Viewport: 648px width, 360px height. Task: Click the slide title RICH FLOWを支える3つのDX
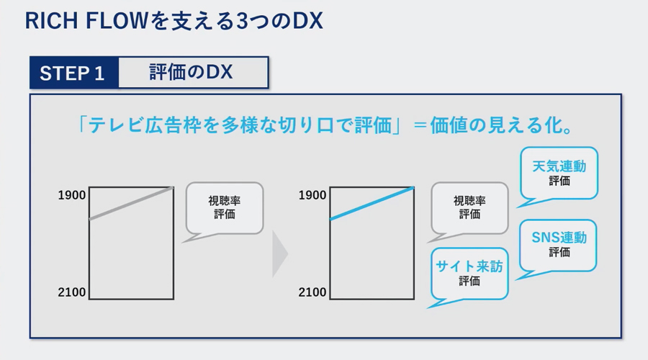[174, 21]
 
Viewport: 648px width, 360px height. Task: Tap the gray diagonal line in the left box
[132, 203]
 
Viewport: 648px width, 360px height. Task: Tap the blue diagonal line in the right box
[372, 203]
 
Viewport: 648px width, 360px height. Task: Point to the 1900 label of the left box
[71, 195]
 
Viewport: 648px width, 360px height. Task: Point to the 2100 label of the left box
[71, 292]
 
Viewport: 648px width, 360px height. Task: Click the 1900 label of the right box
[312, 195]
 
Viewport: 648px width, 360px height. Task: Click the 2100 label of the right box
[312, 292]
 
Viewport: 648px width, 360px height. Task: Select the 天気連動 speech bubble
[559, 174]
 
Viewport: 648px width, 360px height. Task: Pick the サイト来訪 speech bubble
[469, 274]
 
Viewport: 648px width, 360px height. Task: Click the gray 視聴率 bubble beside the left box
[225, 208]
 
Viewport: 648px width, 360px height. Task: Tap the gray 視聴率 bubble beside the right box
[470, 208]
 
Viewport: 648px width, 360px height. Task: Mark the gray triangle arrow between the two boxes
[280, 253]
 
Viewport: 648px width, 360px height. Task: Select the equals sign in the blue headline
[420, 125]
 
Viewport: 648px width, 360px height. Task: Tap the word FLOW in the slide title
[117, 21]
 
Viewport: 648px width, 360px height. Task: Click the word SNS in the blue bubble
[545, 238]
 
